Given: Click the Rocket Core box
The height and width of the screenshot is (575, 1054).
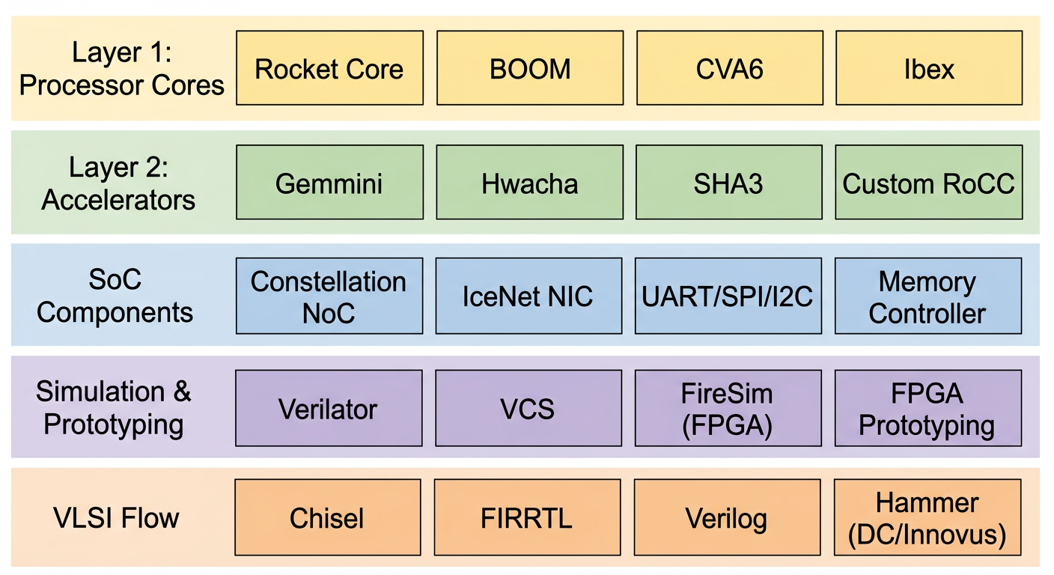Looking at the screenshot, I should coord(329,68).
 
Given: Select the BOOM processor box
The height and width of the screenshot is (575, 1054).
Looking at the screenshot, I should coord(530,68).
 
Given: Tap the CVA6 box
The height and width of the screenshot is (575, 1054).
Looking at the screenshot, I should coord(729,68).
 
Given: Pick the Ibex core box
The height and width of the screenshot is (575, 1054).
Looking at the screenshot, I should coord(929,68).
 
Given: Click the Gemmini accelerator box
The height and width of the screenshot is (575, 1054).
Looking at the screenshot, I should coord(329,183).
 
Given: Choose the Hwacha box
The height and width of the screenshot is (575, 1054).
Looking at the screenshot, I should coord(530,183).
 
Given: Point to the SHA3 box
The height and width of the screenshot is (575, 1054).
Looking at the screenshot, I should coord(729,183).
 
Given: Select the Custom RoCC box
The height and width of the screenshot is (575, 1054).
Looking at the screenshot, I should coord(929,183).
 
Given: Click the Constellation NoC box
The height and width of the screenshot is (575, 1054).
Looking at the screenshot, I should coord(329,296).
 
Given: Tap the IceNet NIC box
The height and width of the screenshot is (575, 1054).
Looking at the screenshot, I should coord(528,296).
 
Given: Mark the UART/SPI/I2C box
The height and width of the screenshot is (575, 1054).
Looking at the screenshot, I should coord(728,296).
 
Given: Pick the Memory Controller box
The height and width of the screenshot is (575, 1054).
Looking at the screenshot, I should coord(928,296).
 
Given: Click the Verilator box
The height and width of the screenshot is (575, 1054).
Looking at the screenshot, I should coord(329,409).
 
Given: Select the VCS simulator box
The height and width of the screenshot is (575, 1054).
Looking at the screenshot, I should coord(528,409).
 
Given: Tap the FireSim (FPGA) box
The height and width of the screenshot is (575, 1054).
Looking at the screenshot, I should coord(728,409).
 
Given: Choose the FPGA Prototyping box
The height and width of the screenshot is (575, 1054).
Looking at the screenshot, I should coord(928,409).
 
